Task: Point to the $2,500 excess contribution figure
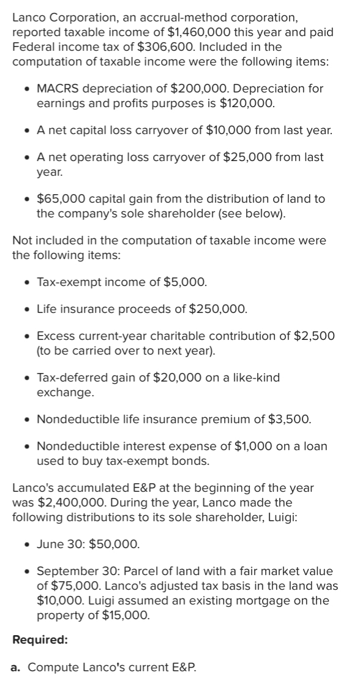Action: pos(319,336)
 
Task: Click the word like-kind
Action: pos(253,377)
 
